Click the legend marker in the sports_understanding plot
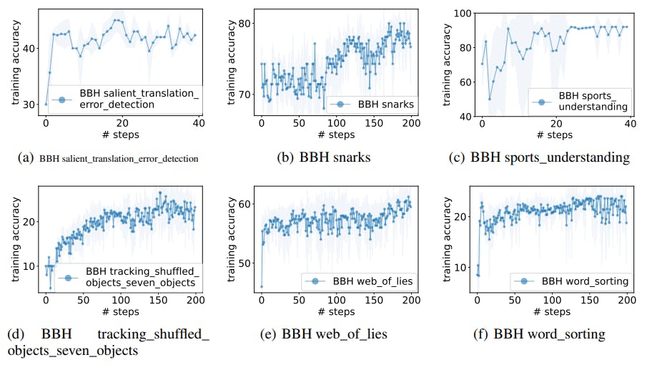pos(543,101)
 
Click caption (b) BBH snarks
pos(323,157)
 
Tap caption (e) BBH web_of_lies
pos(328,334)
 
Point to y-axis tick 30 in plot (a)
pos(34,104)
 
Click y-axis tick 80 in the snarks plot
pos(247,24)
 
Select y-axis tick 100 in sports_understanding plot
pos(464,13)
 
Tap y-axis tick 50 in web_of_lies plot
pos(247,263)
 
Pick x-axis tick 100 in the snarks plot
pos(336,125)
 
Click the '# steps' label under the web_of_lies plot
pos(336,312)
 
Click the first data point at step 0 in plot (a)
pos(46,104)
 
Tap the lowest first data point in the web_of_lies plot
pos(262,286)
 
